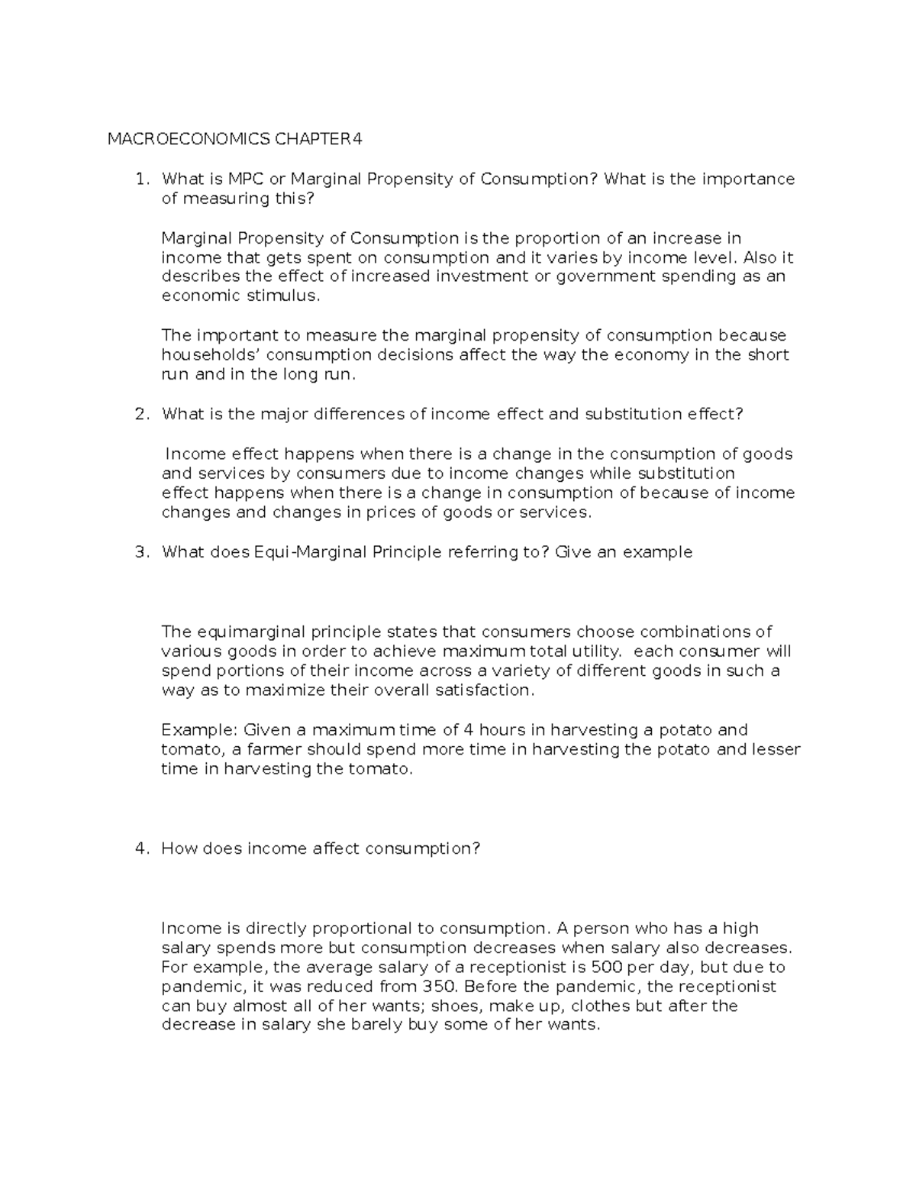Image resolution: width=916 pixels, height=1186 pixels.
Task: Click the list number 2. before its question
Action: (141, 414)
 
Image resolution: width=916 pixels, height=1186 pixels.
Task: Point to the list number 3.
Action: (141, 552)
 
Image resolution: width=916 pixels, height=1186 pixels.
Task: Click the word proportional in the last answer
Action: (356, 929)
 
